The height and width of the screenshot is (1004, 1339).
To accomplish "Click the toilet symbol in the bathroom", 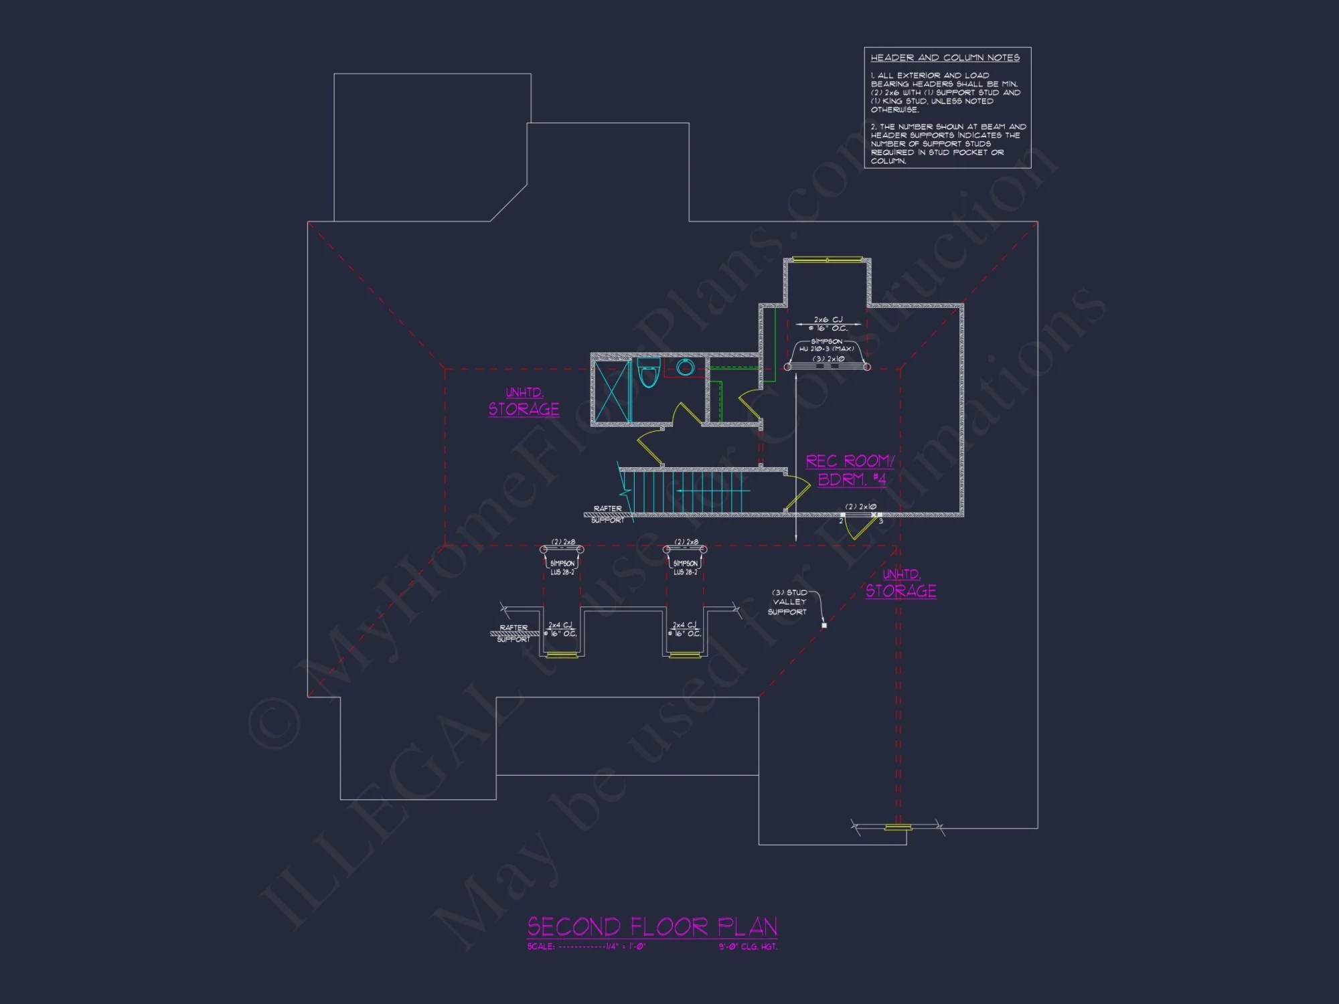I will [648, 373].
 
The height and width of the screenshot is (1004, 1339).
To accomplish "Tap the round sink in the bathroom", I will [685, 367].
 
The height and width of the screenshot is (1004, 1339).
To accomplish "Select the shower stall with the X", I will [612, 391].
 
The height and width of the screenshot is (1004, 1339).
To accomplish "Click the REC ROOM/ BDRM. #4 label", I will [850, 470].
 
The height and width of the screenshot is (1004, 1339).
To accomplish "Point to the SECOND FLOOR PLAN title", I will [651, 927].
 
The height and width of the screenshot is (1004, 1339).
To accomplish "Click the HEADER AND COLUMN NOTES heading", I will [945, 58].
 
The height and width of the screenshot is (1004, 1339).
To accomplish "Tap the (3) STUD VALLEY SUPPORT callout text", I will [788, 602].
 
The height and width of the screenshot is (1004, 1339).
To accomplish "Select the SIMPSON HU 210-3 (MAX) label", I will [827, 345].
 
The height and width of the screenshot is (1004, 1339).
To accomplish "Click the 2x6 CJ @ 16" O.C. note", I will [828, 324].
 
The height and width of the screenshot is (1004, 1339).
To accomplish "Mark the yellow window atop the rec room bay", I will [828, 260].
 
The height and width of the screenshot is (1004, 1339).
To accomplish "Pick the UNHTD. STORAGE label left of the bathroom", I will [524, 402].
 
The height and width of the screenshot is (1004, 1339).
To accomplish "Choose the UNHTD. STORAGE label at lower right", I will [900, 584].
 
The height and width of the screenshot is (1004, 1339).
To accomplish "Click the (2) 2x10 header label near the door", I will [860, 507].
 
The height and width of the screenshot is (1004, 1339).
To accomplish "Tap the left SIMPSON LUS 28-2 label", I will [562, 568].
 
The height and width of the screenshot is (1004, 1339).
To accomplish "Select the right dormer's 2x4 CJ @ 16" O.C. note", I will [684, 629].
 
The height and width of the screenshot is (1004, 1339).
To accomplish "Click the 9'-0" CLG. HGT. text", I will [748, 947].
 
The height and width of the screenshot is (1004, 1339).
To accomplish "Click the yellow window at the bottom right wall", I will [898, 828].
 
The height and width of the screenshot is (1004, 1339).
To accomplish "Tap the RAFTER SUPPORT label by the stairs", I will [608, 513].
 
